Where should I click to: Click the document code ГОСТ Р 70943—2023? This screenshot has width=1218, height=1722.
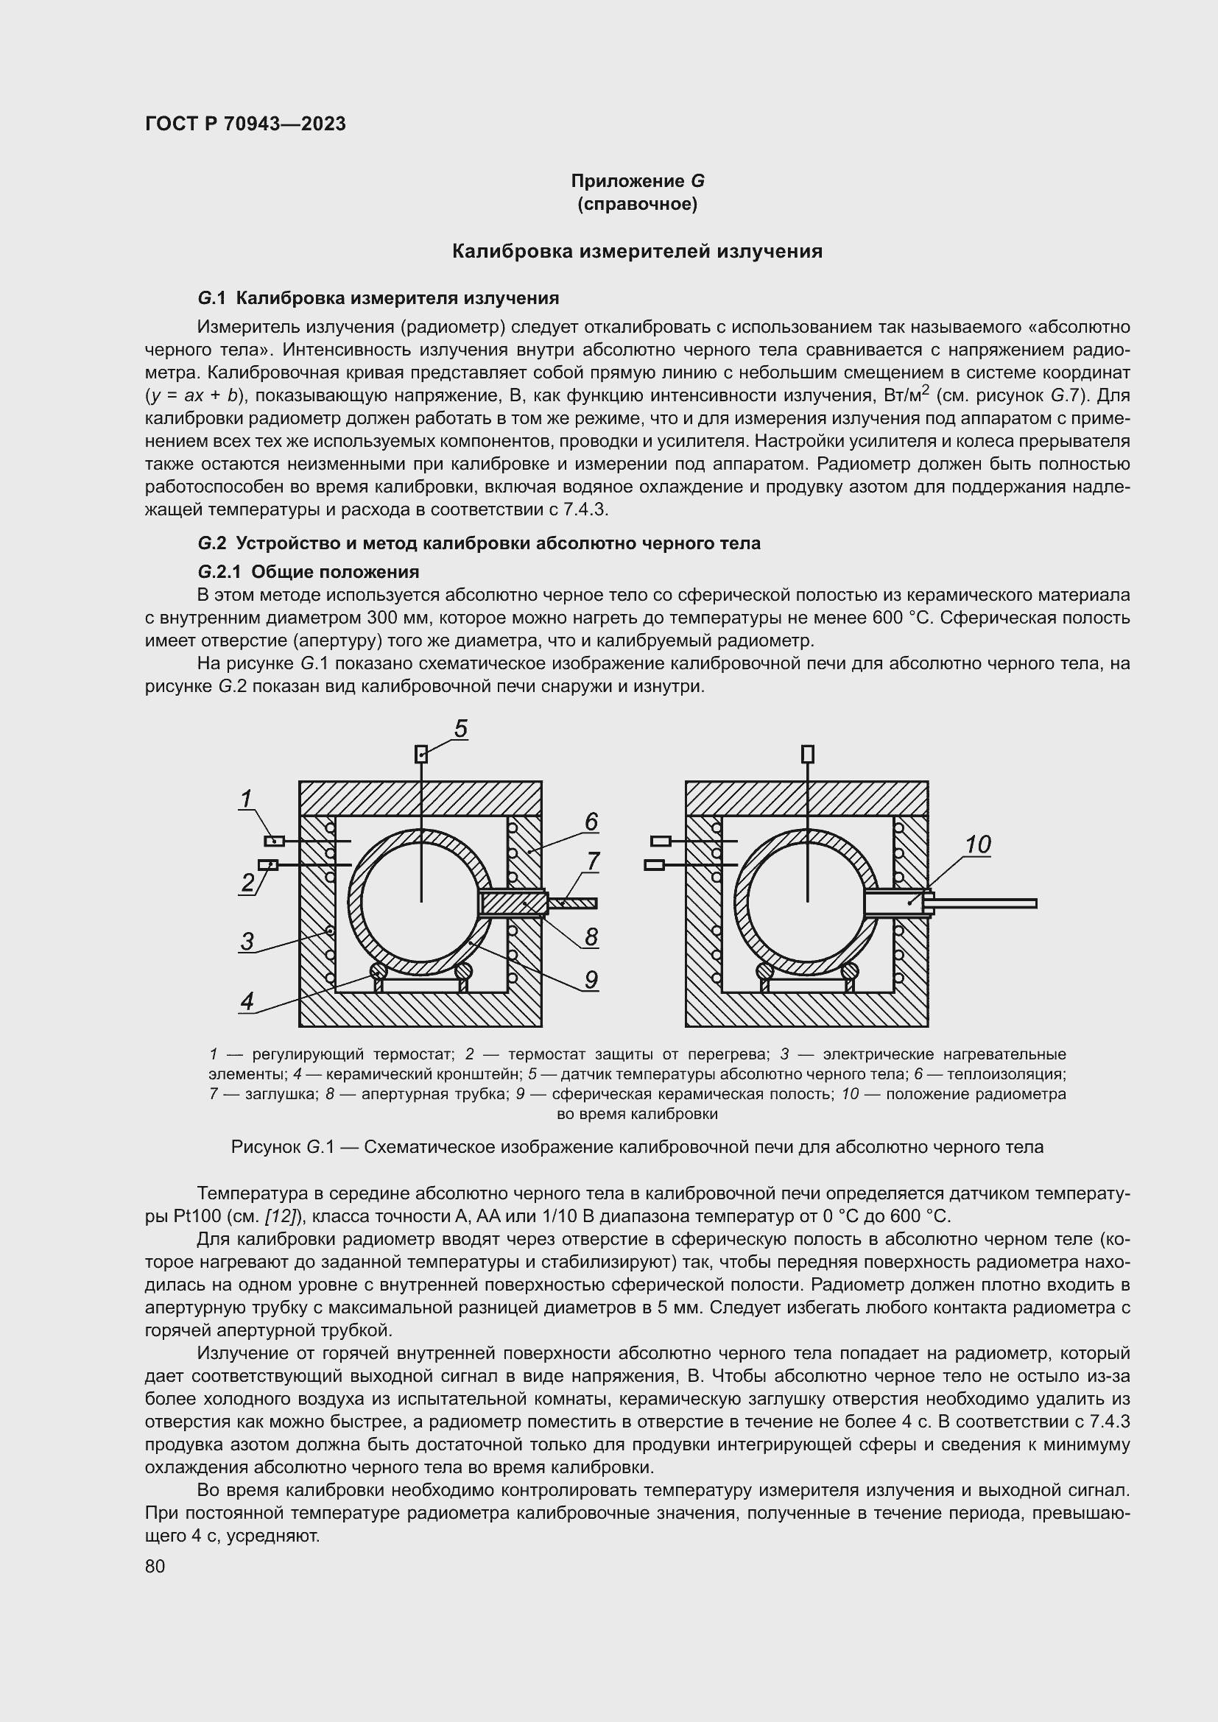pyautogui.click(x=245, y=124)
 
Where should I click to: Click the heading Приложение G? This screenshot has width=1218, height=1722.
pyautogui.click(x=638, y=181)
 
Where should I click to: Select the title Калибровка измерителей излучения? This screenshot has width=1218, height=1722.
pyautogui.click(x=637, y=251)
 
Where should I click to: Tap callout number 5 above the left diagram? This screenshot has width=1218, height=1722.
pyautogui.click(x=460, y=728)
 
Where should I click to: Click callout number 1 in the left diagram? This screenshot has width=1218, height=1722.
pyautogui.click(x=245, y=800)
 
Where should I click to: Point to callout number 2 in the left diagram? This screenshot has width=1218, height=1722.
pyautogui.click(x=247, y=883)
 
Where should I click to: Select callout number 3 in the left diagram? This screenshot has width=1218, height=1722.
pyautogui.click(x=247, y=940)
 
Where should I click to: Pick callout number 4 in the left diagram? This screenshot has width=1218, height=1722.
pyautogui.click(x=247, y=1001)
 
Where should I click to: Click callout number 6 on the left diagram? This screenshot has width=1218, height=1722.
pyautogui.click(x=591, y=822)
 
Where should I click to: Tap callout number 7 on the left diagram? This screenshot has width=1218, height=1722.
pyautogui.click(x=593, y=861)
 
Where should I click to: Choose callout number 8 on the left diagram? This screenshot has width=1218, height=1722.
pyautogui.click(x=591, y=936)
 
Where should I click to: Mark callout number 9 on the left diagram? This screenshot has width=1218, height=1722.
pyautogui.click(x=591, y=979)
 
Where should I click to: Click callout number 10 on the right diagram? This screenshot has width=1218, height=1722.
pyautogui.click(x=977, y=844)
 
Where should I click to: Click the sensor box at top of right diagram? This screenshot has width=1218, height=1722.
pyautogui.click(x=808, y=753)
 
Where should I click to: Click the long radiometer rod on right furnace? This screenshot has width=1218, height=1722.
pyautogui.click(x=986, y=904)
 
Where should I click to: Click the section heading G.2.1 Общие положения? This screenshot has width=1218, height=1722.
pyautogui.click(x=309, y=572)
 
